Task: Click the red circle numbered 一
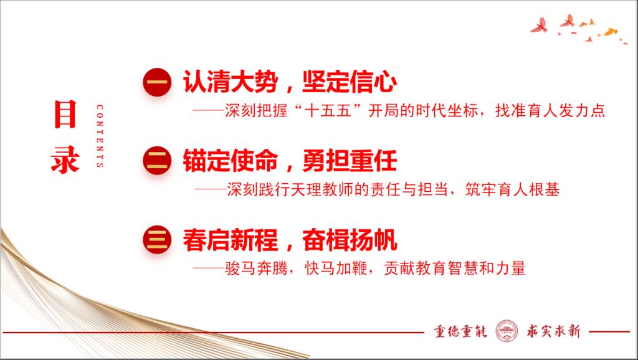[157, 82]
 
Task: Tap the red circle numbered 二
[157, 161]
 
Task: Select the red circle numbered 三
[157, 240]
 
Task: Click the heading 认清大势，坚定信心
[290, 82]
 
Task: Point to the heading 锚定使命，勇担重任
[290, 161]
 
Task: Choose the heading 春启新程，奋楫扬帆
[290, 240]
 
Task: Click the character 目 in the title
[65, 115]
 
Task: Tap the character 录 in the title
[65, 159]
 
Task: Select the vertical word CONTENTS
[100, 136]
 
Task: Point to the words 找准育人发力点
[550, 111]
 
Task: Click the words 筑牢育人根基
[513, 189]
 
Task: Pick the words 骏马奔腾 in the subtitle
[256, 268]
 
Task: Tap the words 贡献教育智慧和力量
[455, 268]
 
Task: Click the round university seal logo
[507, 331]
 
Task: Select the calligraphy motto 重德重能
[460, 331]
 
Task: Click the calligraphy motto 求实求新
[554, 331]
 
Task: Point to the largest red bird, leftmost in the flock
[539, 25]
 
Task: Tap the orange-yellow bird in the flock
[610, 32]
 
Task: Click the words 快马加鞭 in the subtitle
[336, 268]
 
